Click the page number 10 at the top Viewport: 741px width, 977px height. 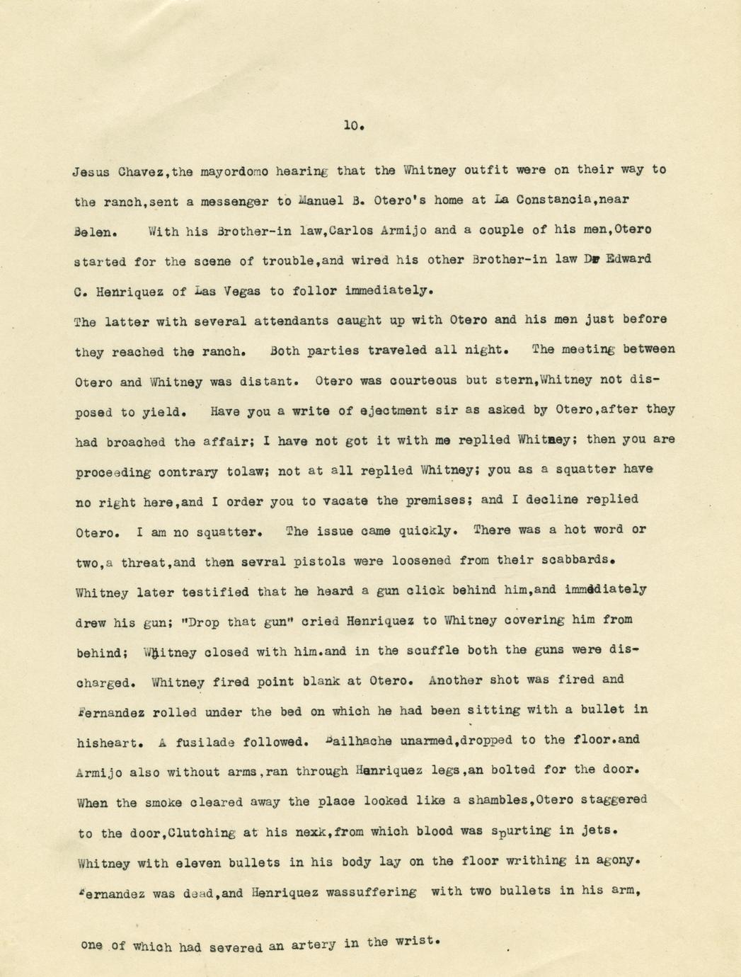click(352, 126)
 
